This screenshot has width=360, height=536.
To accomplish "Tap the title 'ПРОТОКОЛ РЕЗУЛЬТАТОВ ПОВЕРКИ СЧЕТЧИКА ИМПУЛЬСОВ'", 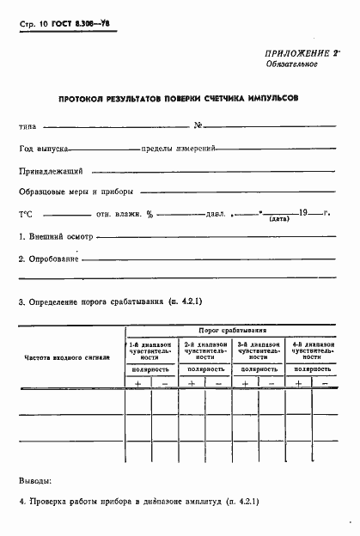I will [179, 99].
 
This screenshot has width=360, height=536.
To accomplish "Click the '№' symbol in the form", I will [198, 126].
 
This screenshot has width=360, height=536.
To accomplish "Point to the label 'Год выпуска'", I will [44, 149].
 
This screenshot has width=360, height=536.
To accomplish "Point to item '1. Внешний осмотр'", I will [55, 236].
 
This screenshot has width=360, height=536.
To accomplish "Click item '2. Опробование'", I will [49, 259].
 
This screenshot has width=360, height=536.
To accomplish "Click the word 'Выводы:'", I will [35, 480].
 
